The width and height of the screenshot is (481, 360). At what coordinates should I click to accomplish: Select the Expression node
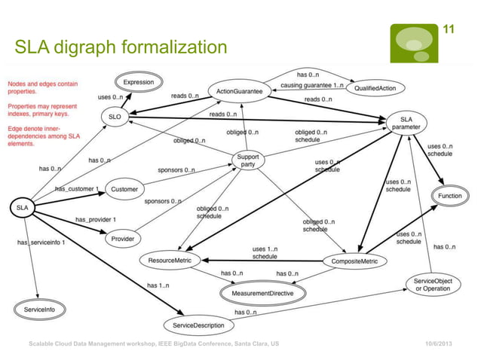click(139, 82)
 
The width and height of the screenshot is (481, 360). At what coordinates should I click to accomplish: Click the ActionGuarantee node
click(239, 91)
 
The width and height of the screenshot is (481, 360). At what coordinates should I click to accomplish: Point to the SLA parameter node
click(406, 122)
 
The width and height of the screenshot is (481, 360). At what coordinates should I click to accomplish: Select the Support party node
click(248, 161)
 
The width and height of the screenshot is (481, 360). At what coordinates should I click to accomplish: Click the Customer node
click(124, 189)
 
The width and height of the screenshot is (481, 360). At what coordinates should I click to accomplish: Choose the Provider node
click(122, 239)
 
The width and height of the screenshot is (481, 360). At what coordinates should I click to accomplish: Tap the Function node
click(450, 196)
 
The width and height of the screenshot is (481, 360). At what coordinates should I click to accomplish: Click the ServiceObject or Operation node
click(432, 285)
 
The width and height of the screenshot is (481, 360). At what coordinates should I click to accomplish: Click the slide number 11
click(449, 29)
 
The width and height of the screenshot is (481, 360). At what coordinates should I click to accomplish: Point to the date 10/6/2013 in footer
click(440, 343)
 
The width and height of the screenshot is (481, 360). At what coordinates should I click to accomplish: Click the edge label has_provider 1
click(95, 219)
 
